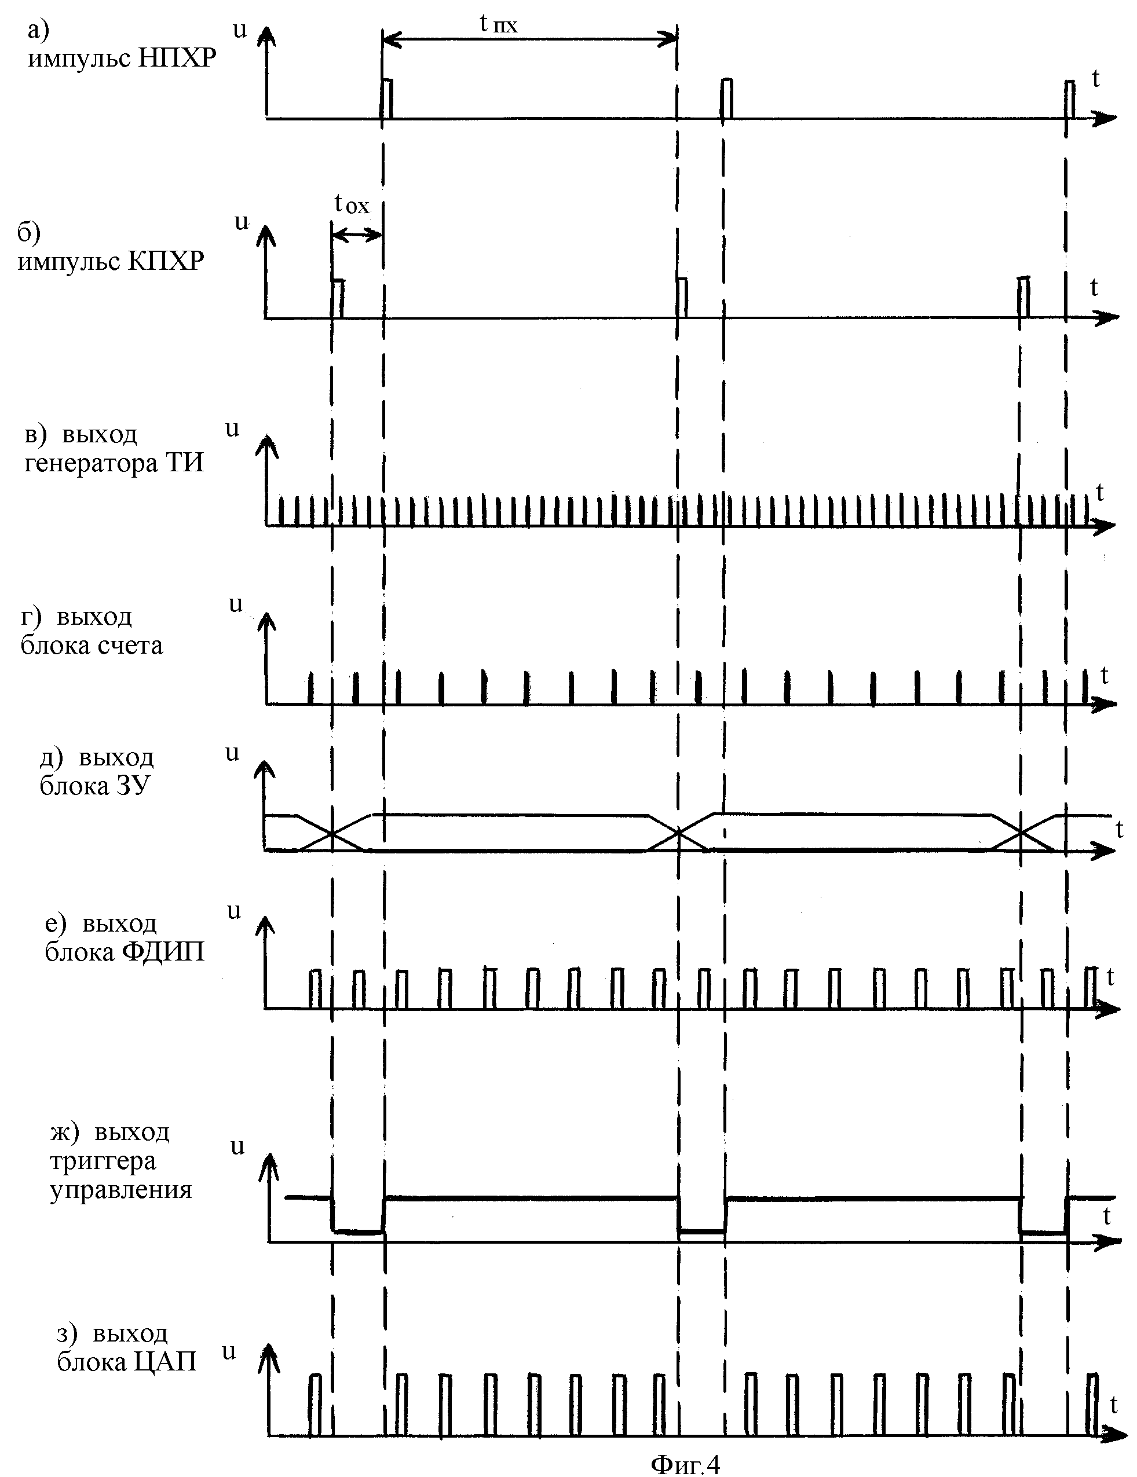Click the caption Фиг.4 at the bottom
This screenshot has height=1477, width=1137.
pos(685,1464)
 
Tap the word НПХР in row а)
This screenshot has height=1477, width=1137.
pos(177,60)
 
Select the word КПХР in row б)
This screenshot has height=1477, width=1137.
pos(166,261)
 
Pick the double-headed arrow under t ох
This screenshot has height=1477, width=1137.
pos(357,234)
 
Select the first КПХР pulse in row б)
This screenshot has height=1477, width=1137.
pos(338,298)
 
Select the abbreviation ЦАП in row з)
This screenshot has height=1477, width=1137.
pos(165,1361)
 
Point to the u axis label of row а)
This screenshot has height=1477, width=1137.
pos(239,31)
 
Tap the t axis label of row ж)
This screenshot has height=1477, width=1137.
pos(1106,1216)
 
